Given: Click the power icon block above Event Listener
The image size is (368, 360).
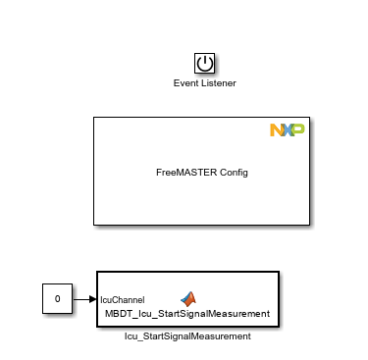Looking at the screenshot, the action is coord(204,65).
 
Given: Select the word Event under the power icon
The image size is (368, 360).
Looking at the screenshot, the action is coord(186,83).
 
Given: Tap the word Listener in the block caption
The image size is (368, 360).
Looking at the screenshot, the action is coord(218,83).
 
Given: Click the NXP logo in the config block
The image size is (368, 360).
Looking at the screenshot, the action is coord(287,130).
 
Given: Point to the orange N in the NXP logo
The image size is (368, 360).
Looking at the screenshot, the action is coord(276,130).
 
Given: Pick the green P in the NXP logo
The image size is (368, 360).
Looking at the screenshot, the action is coord(297,130).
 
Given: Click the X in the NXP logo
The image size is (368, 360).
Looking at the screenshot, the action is coord(287,130).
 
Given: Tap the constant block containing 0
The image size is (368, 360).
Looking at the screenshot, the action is coord(57,298).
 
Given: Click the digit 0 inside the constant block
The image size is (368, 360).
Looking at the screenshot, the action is coord(57,298).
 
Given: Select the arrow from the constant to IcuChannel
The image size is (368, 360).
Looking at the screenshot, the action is coord(84,298).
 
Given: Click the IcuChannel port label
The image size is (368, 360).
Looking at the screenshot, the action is coord(123,299).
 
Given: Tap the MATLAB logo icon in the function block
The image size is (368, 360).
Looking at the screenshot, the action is coord(187,297).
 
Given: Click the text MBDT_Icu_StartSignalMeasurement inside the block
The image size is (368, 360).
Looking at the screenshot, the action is coord(187,314).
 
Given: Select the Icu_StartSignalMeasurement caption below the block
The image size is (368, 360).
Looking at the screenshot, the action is coord(187,335).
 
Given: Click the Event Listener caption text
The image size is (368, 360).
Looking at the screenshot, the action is coord(204,83).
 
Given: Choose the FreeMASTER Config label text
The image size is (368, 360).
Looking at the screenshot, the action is coord(202,173).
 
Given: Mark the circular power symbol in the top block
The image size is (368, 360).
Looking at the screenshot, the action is coord(204,64).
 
